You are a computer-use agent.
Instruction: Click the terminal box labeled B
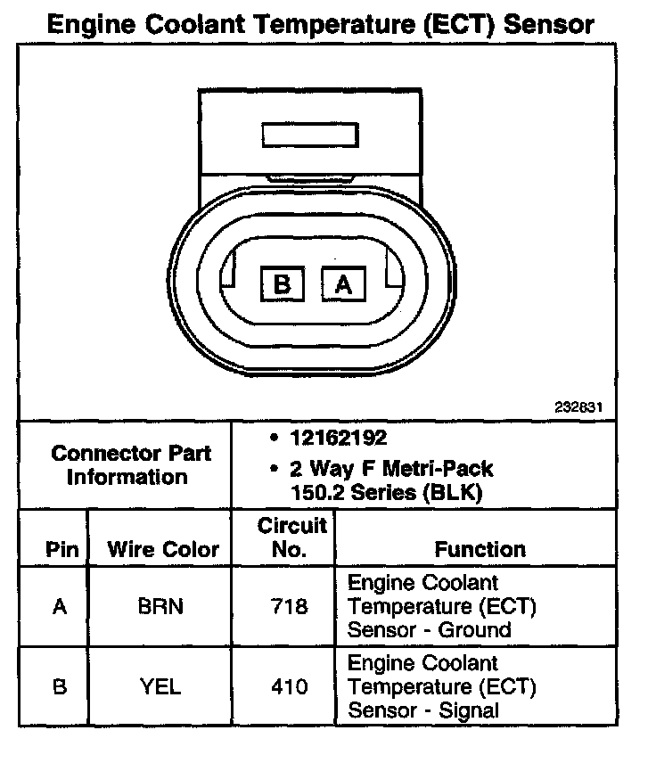click(x=283, y=284)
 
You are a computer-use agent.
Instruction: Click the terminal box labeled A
click(x=343, y=284)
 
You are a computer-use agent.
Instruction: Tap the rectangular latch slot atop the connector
click(x=311, y=135)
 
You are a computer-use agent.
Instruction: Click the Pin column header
click(x=61, y=549)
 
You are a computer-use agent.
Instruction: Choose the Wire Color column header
click(x=163, y=549)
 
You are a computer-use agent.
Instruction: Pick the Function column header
click(x=480, y=549)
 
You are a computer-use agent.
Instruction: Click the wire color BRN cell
click(x=160, y=607)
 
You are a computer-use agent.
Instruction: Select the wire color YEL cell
click(x=160, y=686)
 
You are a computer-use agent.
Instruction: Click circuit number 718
click(x=290, y=607)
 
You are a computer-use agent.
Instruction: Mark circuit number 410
click(x=290, y=686)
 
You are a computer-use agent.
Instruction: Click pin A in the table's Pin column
click(x=60, y=607)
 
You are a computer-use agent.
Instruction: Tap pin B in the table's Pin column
click(x=60, y=686)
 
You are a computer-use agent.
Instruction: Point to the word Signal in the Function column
click(x=470, y=710)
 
